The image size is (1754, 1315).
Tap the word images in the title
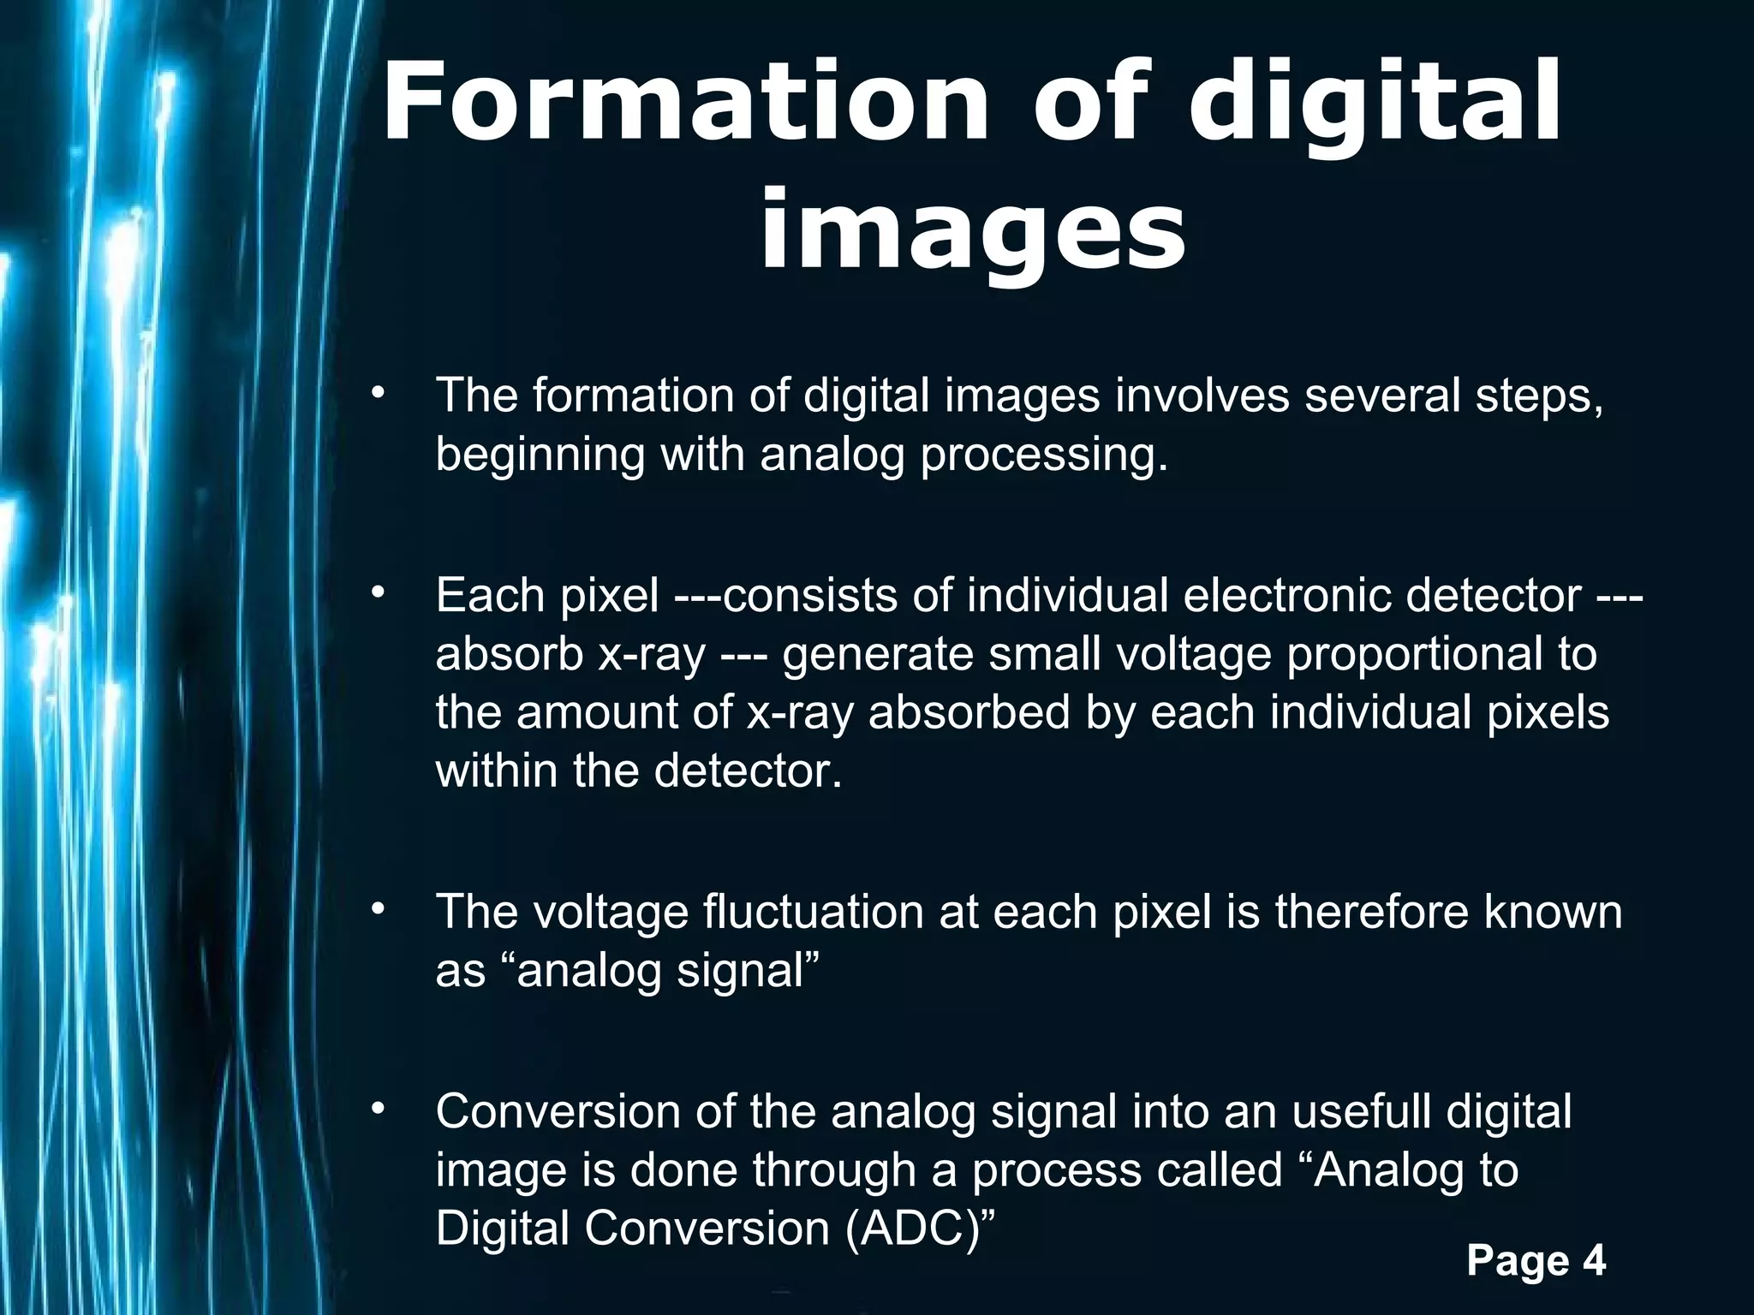[973, 229]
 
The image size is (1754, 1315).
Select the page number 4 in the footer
[1593, 1260]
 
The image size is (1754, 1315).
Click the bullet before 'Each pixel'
[378, 592]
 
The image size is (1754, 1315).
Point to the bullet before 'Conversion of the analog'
[378, 1110]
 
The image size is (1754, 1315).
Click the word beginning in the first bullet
[540, 454]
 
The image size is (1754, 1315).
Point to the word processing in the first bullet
[1044, 454]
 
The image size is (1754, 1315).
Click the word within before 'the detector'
[497, 771]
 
